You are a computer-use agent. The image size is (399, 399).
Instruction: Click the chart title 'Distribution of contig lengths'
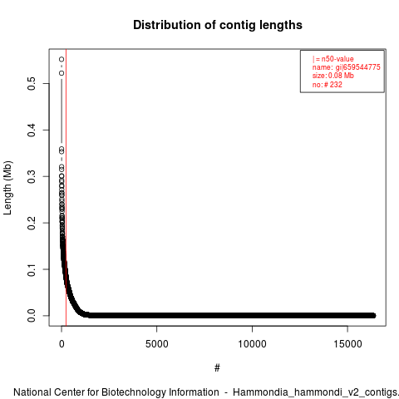(x=218, y=25)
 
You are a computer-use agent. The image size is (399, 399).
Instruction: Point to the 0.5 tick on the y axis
(x=32, y=83)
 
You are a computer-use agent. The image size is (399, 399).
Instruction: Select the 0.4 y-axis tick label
(x=32, y=130)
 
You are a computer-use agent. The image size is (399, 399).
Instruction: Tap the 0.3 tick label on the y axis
(x=32, y=176)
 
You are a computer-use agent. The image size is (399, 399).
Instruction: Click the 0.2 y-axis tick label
(x=32, y=223)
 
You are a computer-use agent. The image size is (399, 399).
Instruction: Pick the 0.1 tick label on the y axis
(x=32, y=269)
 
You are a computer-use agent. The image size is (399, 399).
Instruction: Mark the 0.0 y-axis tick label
(x=32, y=316)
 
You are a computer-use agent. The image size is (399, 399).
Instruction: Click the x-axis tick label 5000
(x=157, y=344)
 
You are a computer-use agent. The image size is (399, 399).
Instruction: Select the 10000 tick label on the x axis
(x=252, y=344)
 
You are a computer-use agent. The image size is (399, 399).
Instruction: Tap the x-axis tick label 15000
(x=347, y=344)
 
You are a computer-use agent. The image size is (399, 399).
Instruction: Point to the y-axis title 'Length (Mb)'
(x=7, y=188)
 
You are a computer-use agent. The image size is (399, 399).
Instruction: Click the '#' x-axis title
(x=217, y=368)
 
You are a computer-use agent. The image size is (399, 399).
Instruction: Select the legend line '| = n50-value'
(x=333, y=59)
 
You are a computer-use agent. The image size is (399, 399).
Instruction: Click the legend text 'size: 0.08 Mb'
(x=333, y=76)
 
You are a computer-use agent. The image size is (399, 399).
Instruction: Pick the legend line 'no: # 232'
(x=328, y=84)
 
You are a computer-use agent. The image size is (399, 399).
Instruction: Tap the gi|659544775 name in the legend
(x=358, y=67)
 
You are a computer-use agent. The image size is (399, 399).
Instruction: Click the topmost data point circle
(x=62, y=59)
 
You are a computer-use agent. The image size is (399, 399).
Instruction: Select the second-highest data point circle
(x=62, y=73)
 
